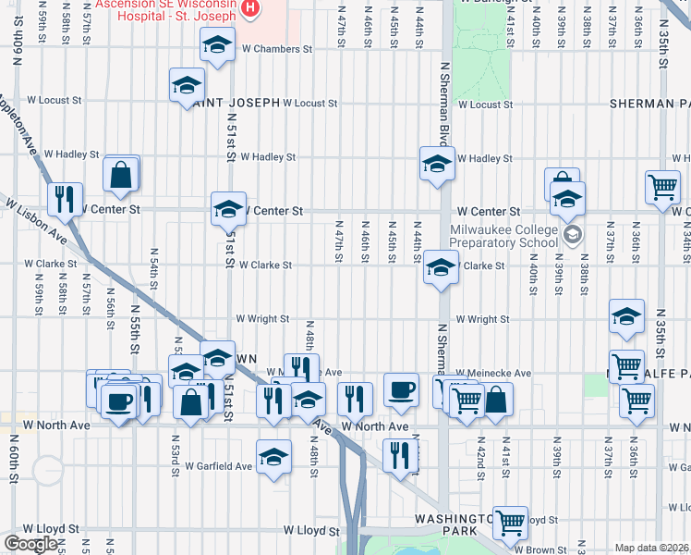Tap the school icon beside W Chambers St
[x=217, y=43]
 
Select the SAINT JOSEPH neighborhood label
[x=236, y=103]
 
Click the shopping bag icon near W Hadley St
[x=121, y=174]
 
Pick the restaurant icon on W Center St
[x=65, y=198]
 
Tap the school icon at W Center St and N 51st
[x=228, y=209]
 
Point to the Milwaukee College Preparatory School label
[x=503, y=236]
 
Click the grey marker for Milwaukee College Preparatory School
[x=573, y=236]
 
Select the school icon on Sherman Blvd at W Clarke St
[x=442, y=269]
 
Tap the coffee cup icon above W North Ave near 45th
[x=402, y=389]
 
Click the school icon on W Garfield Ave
[x=273, y=457]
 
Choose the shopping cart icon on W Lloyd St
[x=510, y=524]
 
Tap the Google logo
[x=30, y=544]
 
